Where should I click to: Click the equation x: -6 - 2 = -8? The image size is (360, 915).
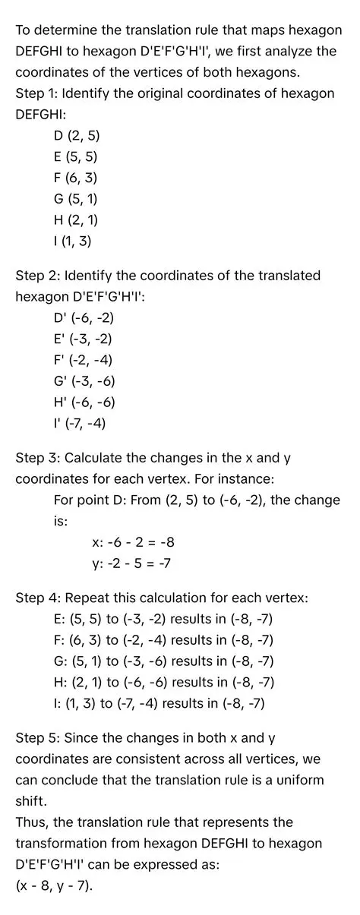[x=134, y=543]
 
